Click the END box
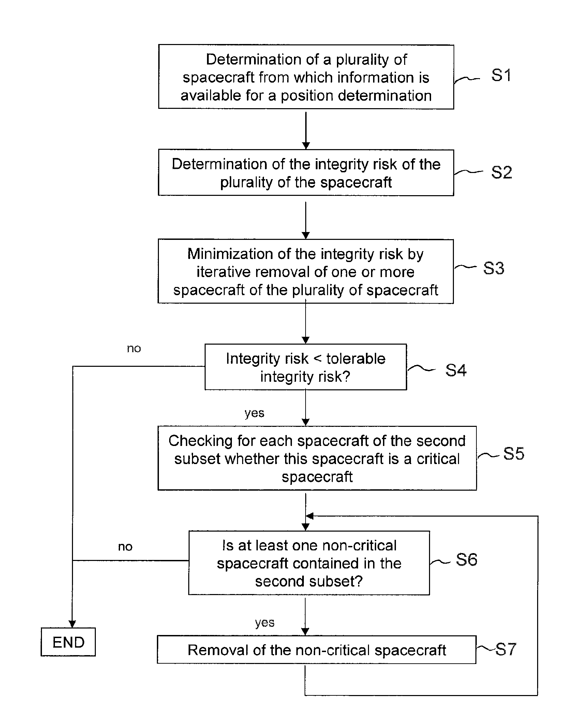(68, 642)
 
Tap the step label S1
(501, 75)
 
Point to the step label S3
(493, 268)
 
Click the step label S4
(456, 370)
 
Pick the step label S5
(514, 453)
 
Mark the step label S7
(506, 649)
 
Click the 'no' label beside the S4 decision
(134, 348)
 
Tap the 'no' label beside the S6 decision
(125, 547)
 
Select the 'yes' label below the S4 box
(254, 413)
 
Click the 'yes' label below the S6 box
(265, 623)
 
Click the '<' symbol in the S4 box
(317, 359)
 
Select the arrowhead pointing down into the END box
(72, 623)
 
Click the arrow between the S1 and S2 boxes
(306, 131)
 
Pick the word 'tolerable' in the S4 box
(356, 359)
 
